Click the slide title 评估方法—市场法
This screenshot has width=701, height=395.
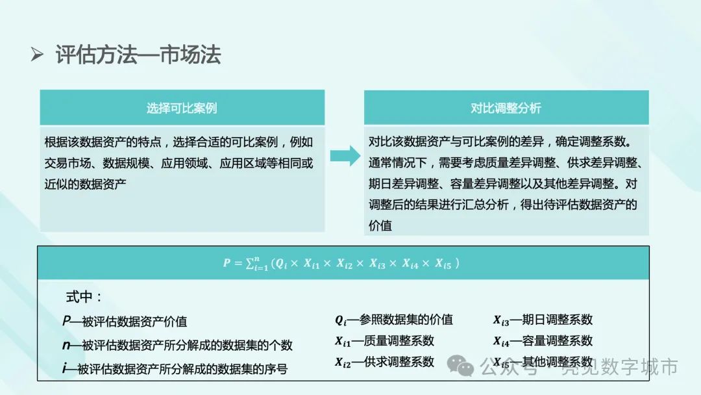[x=138, y=55]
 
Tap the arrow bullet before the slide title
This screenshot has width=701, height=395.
[x=37, y=55]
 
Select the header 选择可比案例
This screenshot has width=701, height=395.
[x=182, y=108]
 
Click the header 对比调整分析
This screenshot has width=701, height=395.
[x=506, y=108]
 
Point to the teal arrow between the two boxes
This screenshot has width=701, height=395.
[x=344, y=156]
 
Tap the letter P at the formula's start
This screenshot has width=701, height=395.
[x=227, y=263]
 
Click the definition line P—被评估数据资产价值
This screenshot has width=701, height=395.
[x=125, y=321]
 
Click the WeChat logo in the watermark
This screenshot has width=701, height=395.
[x=465, y=368]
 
